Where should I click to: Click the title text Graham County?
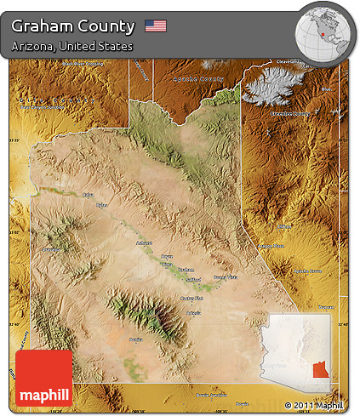click(x=73, y=26)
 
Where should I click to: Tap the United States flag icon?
click(x=156, y=26)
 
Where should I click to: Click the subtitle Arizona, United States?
click(x=72, y=46)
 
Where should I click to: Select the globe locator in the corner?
click(x=323, y=31)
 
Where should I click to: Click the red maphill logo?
click(x=44, y=378)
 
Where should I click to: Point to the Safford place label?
click(x=194, y=278)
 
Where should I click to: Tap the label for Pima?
click(x=166, y=264)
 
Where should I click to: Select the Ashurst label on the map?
click(x=143, y=243)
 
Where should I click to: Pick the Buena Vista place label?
click(x=226, y=277)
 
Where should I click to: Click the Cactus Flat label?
click(x=192, y=299)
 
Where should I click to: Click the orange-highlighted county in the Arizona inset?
click(x=321, y=370)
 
